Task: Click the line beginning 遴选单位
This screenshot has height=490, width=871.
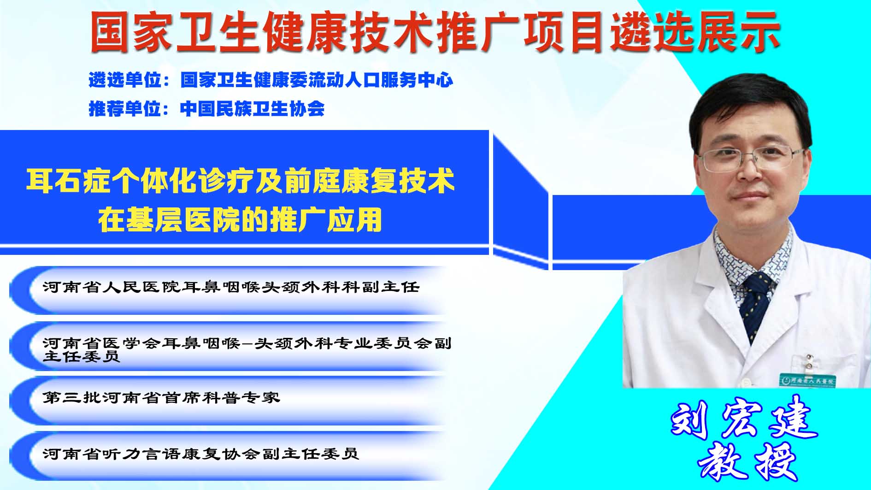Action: coord(271,80)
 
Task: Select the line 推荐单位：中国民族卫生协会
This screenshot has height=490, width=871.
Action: coord(207,109)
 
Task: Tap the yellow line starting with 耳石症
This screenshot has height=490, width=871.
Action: coord(241,181)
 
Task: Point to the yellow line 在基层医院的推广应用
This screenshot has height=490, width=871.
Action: coord(240,219)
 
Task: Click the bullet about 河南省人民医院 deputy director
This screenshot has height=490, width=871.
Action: coord(231,287)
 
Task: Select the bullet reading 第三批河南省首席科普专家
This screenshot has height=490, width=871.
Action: coord(161,397)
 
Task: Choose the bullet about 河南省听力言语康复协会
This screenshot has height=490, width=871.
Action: coord(200,454)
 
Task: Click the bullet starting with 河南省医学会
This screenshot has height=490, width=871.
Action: coord(247,349)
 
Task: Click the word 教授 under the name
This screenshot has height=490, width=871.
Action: coord(747,462)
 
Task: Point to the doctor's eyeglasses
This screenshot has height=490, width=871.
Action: coord(751,158)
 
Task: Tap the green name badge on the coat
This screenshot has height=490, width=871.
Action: coord(807,380)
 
